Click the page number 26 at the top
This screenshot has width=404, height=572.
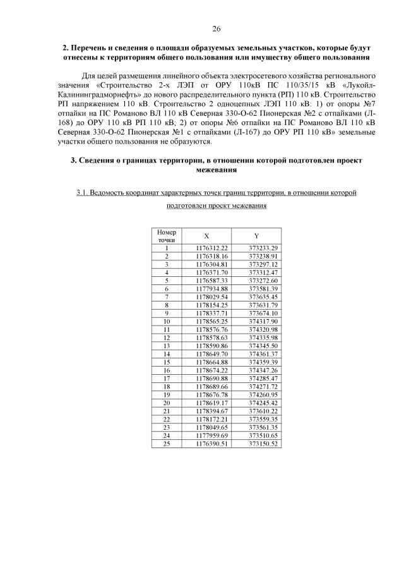pos(217,29)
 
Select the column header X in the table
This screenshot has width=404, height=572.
pos(206,235)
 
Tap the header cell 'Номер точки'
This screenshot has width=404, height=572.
pos(167,236)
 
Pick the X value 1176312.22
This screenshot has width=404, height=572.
pos(211,248)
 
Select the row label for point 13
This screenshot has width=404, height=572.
pos(167,346)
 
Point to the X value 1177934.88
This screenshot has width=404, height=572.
pos(211,289)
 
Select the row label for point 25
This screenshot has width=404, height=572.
pos(167,444)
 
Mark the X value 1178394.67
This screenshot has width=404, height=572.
pos(211,411)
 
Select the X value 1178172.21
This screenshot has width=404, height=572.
pos(211,419)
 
